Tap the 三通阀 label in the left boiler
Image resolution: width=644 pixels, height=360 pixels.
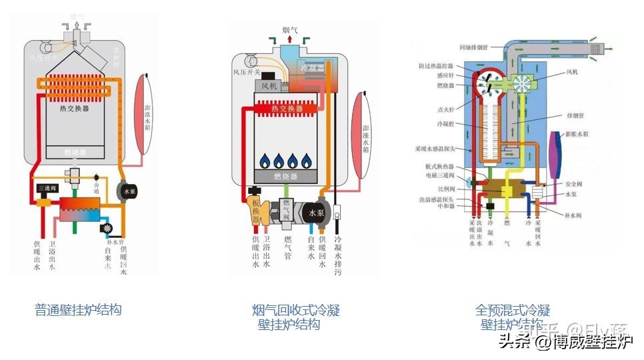click(x=47, y=189)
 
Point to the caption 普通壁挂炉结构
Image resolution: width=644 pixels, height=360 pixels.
click(x=78, y=309)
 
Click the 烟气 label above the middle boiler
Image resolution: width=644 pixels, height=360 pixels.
click(x=290, y=30)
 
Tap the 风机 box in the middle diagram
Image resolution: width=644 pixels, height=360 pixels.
click(x=269, y=86)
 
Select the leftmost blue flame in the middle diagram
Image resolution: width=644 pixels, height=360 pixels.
click(x=265, y=161)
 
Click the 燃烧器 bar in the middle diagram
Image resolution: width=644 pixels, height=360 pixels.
click(x=285, y=176)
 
